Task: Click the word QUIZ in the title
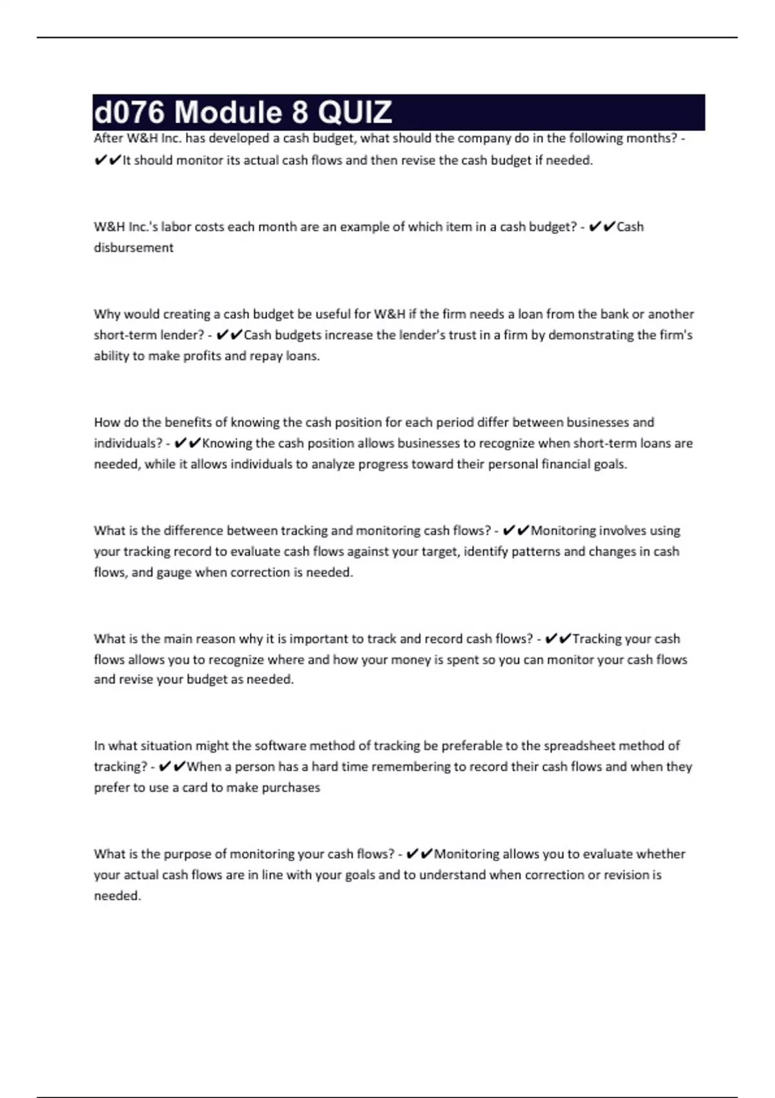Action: click(355, 112)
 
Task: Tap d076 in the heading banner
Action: click(129, 112)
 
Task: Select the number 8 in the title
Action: click(299, 112)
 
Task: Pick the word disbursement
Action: click(134, 247)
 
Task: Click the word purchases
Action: click(289, 788)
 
